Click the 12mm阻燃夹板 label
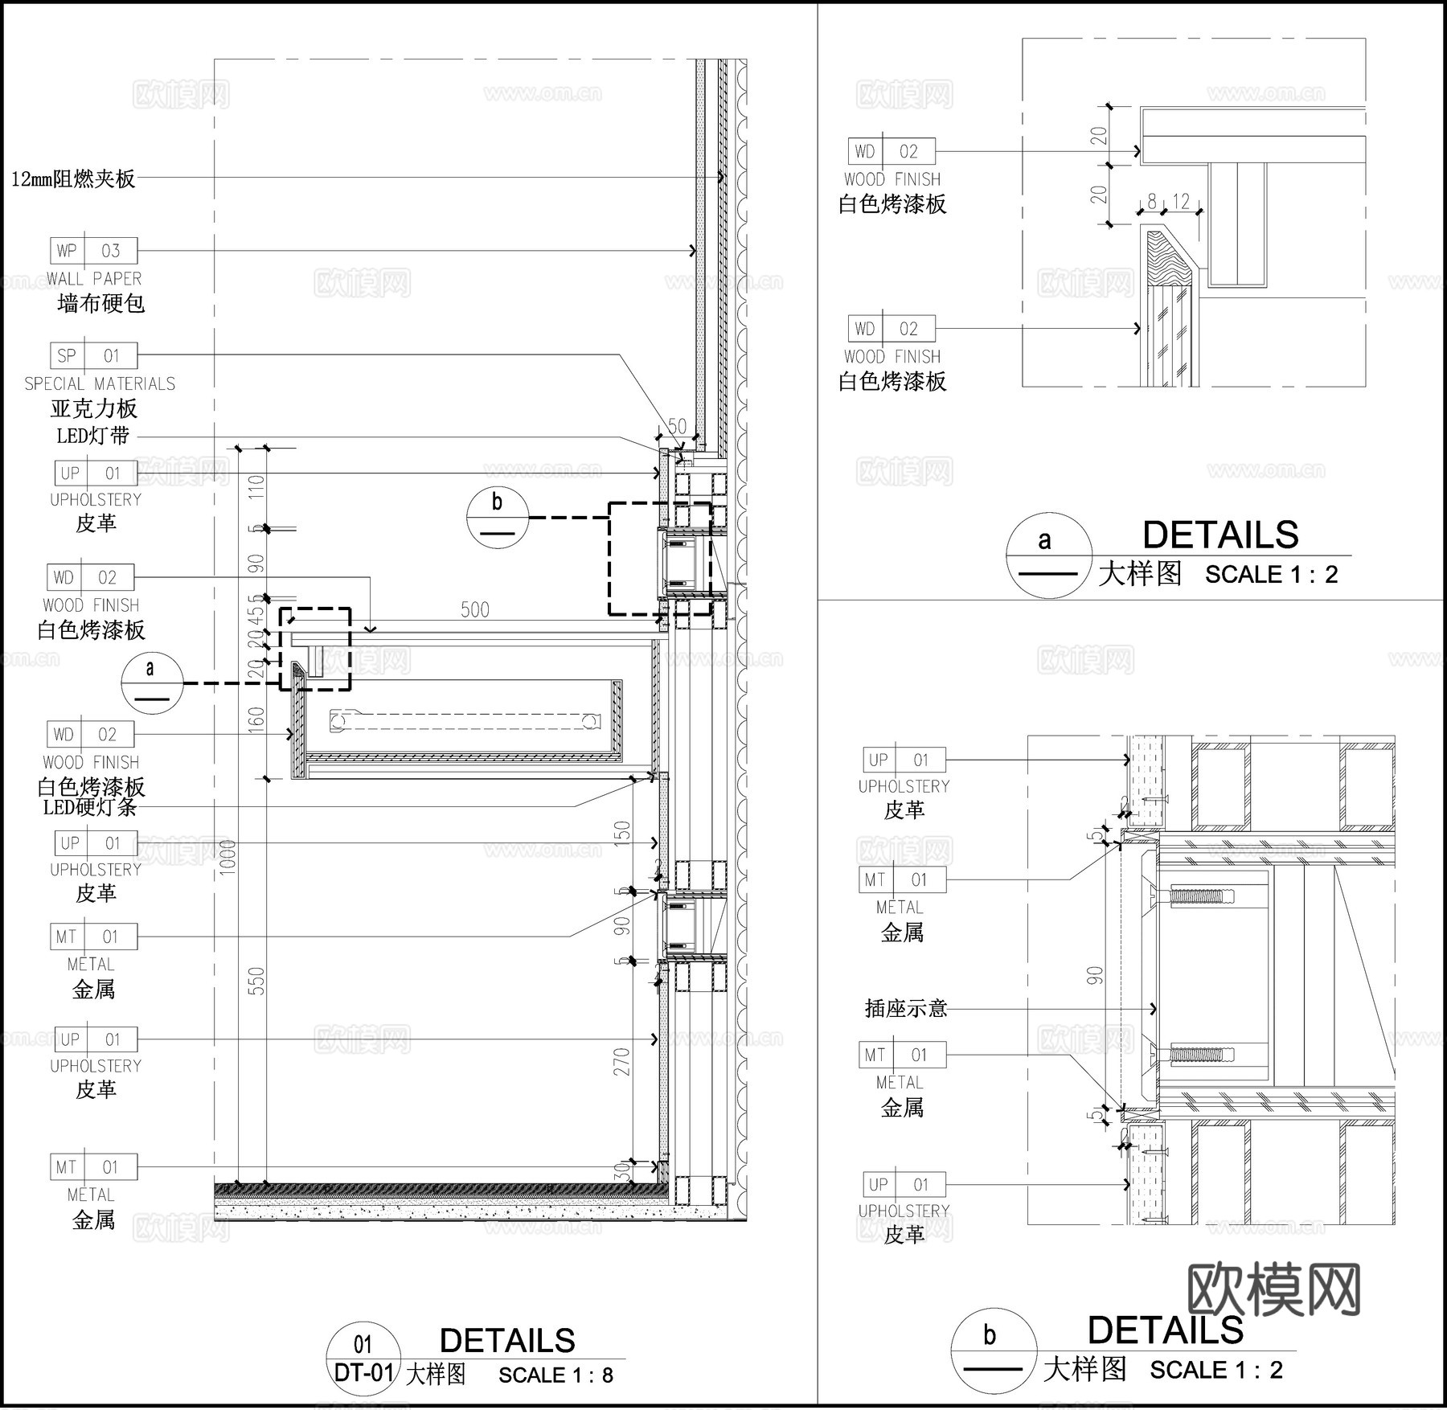(73, 178)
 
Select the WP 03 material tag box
(93, 251)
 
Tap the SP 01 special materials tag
(93, 355)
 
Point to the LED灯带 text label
(92, 437)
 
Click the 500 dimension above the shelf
(474, 610)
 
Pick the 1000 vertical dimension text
(228, 857)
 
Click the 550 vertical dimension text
(256, 982)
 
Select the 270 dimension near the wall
(622, 1062)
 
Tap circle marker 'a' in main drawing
(150, 682)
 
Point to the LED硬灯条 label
(89, 807)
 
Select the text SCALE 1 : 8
(555, 1375)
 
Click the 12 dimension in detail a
(1180, 201)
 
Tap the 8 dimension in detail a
(1151, 201)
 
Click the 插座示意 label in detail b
(906, 1008)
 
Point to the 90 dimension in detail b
(1095, 976)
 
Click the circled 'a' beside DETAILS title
(1048, 555)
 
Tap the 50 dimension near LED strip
(677, 426)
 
